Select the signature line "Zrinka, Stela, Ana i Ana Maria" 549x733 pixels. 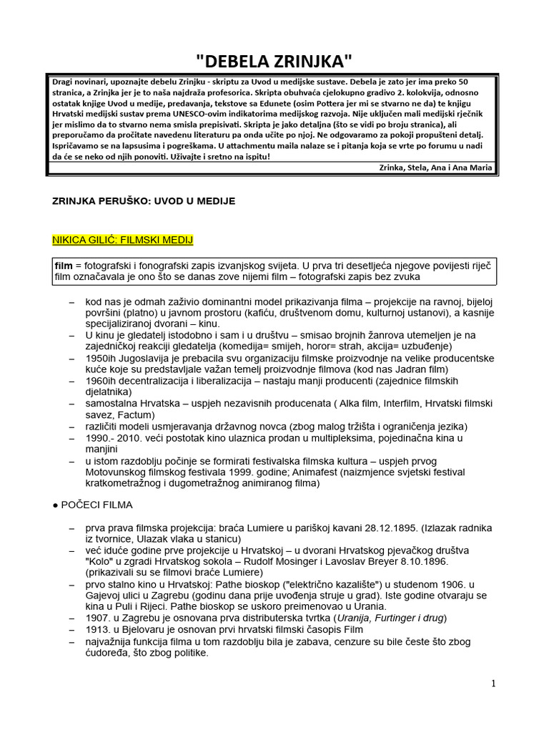[x=435, y=168]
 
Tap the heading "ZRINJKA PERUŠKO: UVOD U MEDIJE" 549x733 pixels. [x=144, y=202]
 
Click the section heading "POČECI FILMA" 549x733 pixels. [x=97, y=504]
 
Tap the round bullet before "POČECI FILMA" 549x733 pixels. [x=56, y=505]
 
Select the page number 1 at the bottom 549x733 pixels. [x=493, y=684]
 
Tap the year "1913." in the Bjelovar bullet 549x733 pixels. [x=98, y=629]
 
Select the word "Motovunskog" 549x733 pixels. [x=117, y=472]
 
